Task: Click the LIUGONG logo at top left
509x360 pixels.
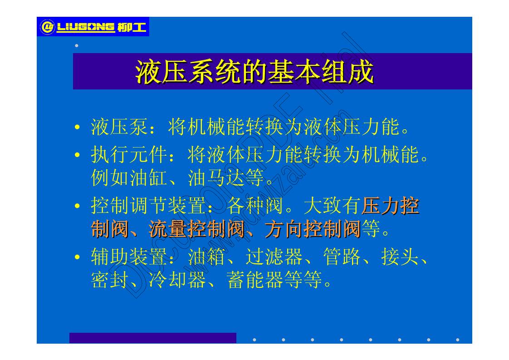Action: coord(93,27)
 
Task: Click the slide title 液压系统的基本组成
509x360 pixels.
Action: coord(254,71)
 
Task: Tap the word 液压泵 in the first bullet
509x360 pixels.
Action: coord(119,128)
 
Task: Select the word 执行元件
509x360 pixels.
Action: coord(128,156)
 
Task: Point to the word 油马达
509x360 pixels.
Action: coord(216,179)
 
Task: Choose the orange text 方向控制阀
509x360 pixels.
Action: coord(313,230)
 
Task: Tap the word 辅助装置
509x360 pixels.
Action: coord(129,258)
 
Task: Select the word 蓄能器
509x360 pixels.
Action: coord(245,281)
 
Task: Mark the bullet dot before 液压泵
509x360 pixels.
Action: coord(78,128)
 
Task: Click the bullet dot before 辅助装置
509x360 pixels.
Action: coord(78,258)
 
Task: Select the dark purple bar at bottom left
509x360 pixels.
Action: coord(152,338)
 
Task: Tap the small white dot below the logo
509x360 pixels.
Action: coord(76,45)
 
